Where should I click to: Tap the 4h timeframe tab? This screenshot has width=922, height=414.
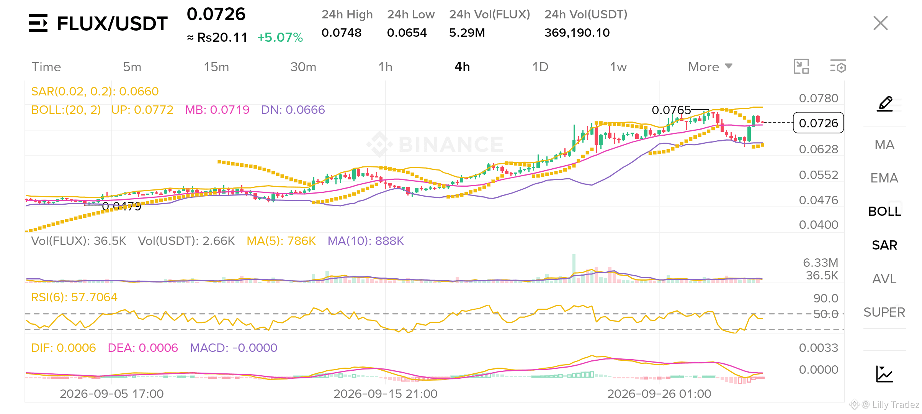[x=462, y=67]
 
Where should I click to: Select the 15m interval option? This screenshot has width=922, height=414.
[x=216, y=67]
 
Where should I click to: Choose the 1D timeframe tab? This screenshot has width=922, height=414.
[x=540, y=67]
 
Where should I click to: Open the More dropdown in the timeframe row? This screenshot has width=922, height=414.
[x=710, y=67]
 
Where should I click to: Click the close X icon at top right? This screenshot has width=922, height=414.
[x=880, y=23]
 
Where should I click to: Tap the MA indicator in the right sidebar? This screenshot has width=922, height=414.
[x=884, y=145]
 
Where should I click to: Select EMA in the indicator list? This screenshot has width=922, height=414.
[x=884, y=178]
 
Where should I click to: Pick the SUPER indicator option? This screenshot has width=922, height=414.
[x=884, y=312]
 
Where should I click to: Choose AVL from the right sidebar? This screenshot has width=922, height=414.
[x=884, y=279]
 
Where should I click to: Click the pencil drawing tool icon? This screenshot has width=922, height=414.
[x=885, y=104]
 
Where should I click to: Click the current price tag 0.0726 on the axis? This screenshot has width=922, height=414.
[x=818, y=123]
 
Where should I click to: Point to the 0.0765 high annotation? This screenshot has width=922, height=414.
[x=671, y=110]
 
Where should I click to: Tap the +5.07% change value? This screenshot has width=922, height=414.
[x=280, y=38]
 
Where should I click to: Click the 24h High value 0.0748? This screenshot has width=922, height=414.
[x=342, y=33]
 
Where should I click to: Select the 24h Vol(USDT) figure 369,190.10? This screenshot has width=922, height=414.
[x=577, y=33]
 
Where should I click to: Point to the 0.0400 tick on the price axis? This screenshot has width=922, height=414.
[x=819, y=225]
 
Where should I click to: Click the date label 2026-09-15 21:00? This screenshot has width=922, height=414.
[x=385, y=394]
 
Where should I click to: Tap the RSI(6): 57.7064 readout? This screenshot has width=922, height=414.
[x=74, y=297]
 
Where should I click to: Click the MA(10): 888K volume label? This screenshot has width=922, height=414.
[x=366, y=241]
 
